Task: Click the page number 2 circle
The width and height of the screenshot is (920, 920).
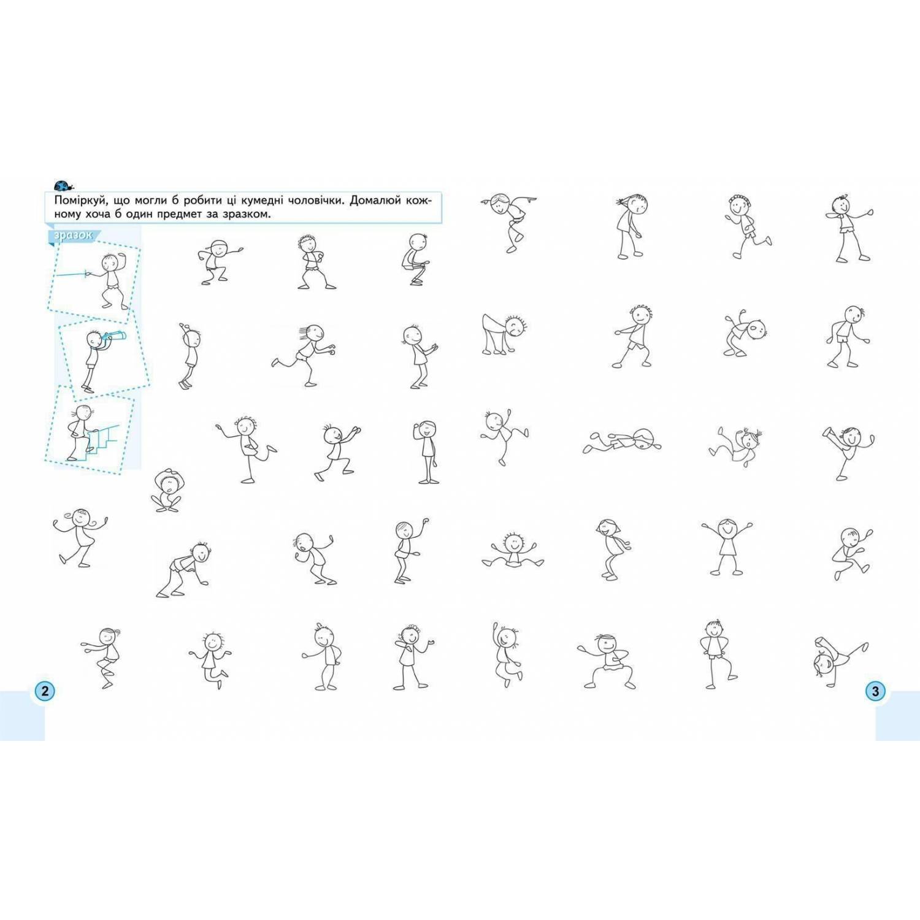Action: [x=44, y=691]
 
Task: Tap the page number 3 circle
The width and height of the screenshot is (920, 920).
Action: [x=875, y=691]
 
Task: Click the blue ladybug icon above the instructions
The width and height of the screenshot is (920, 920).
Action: [x=63, y=185]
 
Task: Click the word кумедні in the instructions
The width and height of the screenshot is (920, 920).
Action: [x=281, y=201]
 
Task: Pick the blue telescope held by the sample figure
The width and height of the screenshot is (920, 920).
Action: [x=114, y=335]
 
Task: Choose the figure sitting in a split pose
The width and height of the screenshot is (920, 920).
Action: [x=513, y=551]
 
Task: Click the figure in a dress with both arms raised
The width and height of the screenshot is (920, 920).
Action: [x=727, y=546]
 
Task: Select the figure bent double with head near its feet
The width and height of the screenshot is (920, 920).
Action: [x=504, y=335]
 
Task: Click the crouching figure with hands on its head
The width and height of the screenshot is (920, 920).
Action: [x=166, y=491]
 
